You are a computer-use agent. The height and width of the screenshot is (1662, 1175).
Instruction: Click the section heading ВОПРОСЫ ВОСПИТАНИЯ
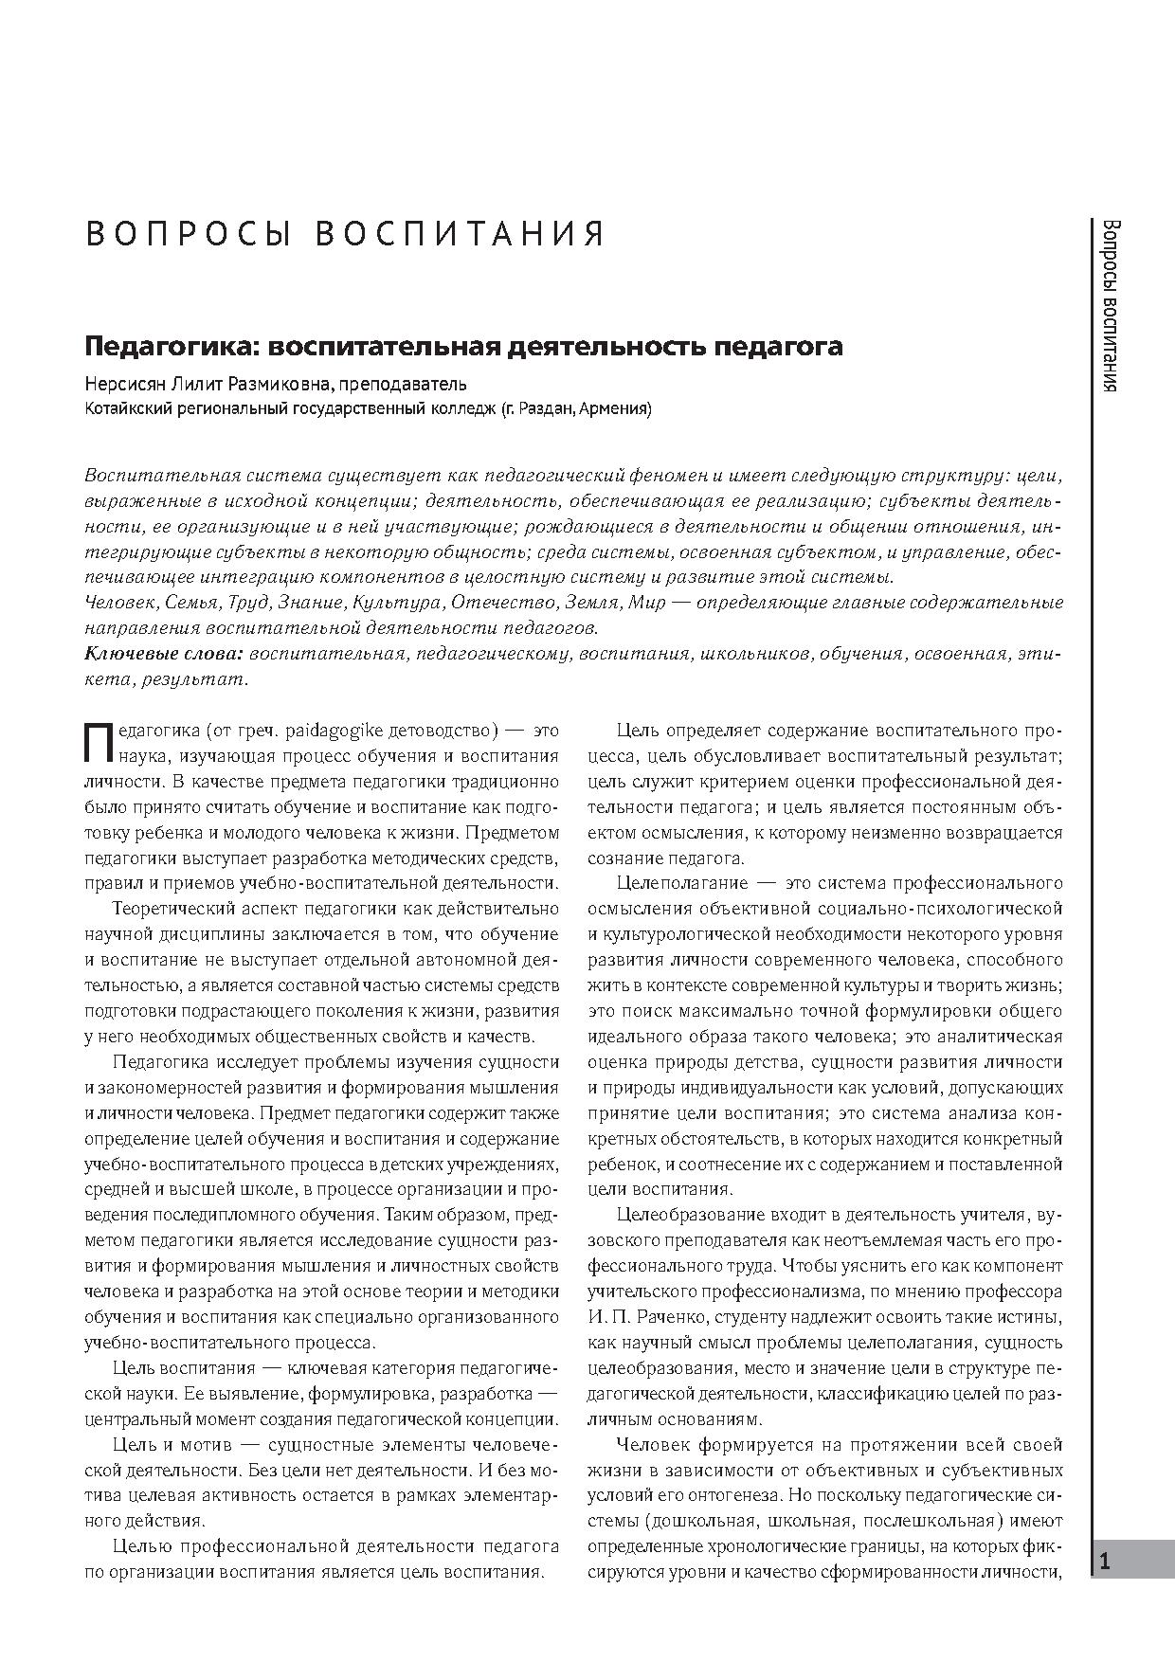click(x=345, y=234)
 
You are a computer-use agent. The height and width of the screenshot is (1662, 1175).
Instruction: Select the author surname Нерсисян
click(x=121, y=384)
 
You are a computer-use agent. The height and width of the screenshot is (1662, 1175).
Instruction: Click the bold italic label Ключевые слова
click(x=165, y=654)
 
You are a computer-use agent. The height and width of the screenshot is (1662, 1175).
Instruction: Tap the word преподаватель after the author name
click(x=418, y=384)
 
